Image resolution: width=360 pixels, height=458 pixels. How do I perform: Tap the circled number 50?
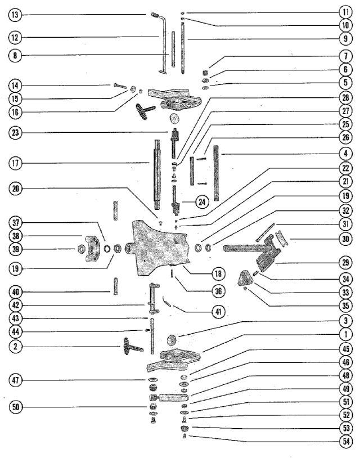click(x=15, y=407)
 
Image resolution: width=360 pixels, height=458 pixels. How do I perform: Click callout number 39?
click(x=15, y=249)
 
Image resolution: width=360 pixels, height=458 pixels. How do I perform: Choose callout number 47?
click(x=15, y=380)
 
